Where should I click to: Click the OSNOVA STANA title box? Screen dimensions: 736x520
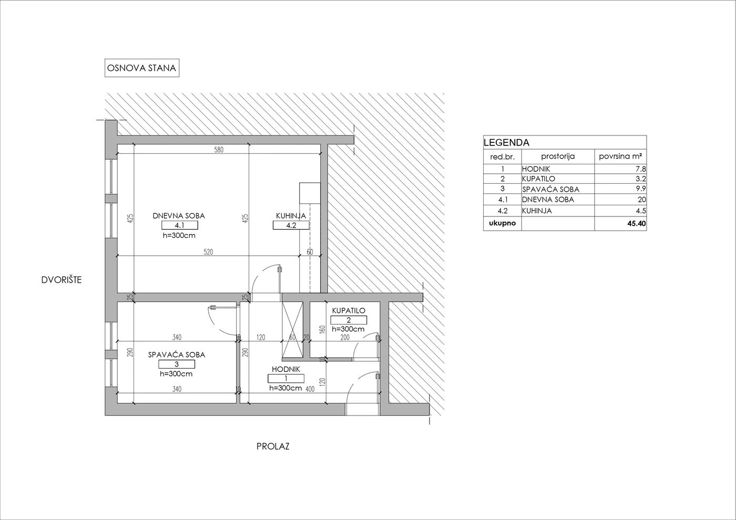point(142,68)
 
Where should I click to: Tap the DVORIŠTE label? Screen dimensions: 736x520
point(62,280)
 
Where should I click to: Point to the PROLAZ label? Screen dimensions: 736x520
point(273,446)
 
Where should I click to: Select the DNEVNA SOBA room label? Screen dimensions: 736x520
point(179,216)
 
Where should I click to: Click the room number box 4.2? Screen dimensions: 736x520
point(291,225)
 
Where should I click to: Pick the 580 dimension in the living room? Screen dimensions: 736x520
point(219,150)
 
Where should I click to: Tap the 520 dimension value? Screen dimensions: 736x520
point(208,252)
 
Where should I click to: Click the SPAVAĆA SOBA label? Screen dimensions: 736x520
point(177,355)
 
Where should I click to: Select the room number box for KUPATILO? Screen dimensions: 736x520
point(349,320)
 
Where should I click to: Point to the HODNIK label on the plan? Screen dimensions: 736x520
point(286,369)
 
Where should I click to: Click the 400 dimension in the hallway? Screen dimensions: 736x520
point(310,389)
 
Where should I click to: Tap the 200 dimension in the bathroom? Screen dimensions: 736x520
point(345,337)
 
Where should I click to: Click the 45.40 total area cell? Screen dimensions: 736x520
point(637,224)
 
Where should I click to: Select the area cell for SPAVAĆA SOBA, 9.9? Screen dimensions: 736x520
point(641,189)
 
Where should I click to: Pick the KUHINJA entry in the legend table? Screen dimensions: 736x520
point(537,211)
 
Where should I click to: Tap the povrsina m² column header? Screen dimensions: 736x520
point(620,157)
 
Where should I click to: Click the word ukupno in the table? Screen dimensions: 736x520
point(503,223)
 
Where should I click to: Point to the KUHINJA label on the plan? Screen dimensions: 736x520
point(291,216)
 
